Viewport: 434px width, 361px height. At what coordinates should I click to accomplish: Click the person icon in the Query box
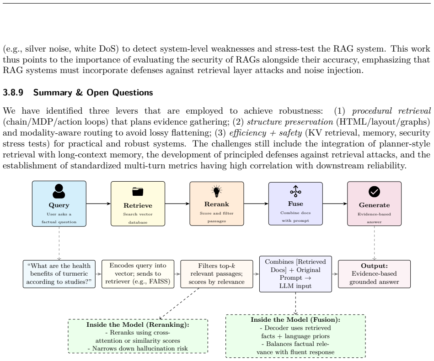pyautogui.click(x=59, y=191)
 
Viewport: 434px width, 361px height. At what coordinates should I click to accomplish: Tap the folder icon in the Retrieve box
pyautogui.click(x=138, y=191)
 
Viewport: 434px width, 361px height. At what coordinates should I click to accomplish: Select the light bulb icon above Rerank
pyautogui.click(x=217, y=191)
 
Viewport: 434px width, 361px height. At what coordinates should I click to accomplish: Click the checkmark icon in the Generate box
pyautogui.click(x=374, y=192)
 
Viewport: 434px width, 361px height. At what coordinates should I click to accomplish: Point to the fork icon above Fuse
pyautogui.click(x=295, y=191)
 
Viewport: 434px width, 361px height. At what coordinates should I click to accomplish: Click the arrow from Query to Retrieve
pyautogui.click(x=98, y=204)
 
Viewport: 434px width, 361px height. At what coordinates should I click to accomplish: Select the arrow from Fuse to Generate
pyautogui.click(x=335, y=204)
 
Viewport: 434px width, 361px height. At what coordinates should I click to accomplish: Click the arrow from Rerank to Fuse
pyautogui.click(x=256, y=204)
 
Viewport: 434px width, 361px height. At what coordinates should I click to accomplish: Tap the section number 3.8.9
pyautogui.click(x=13, y=93)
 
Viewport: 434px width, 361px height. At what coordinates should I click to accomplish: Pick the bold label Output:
pyautogui.click(x=374, y=266)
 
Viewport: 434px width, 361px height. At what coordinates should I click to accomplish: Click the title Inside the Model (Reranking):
pyautogui.click(x=138, y=324)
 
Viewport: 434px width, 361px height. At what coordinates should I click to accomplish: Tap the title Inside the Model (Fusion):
pyautogui.click(x=295, y=319)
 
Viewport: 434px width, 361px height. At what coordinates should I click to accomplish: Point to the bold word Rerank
pyautogui.click(x=217, y=204)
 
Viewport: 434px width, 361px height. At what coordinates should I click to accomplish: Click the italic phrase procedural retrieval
pyautogui.click(x=391, y=111)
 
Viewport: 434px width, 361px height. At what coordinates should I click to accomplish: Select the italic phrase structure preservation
pyautogui.click(x=290, y=122)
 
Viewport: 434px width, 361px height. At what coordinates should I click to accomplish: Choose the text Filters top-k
pyautogui.click(x=217, y=266)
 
